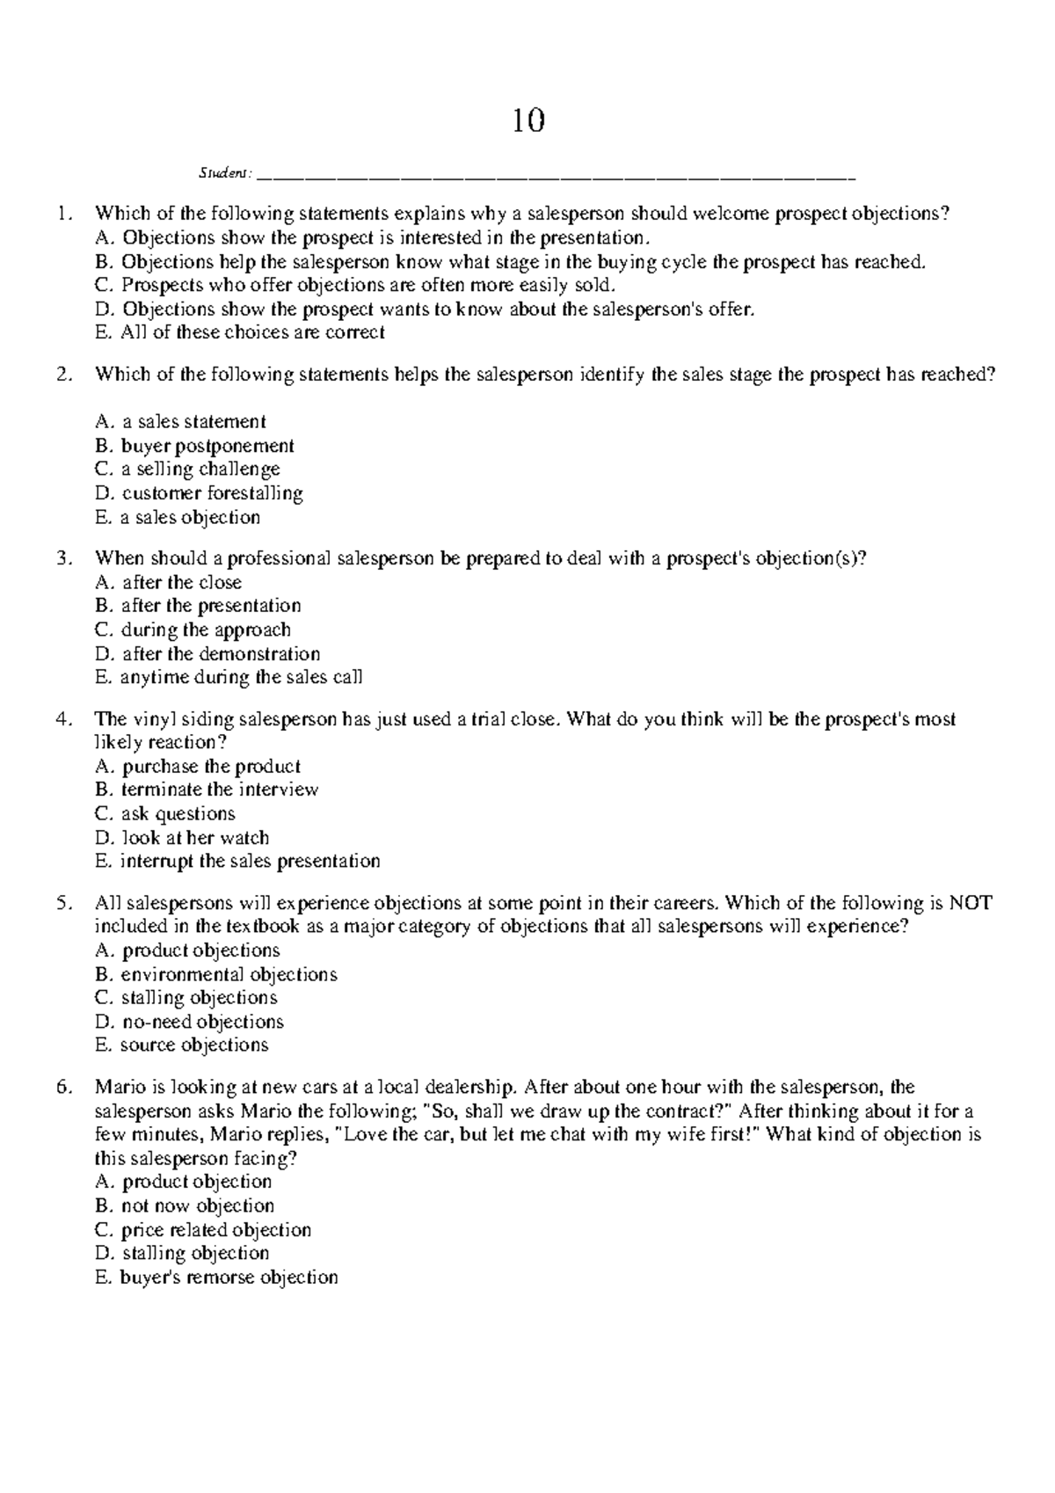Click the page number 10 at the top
tap(528, 120)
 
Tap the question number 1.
tap(62, 213)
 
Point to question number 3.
tap(62, 557)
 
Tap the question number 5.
tap(62, 903)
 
